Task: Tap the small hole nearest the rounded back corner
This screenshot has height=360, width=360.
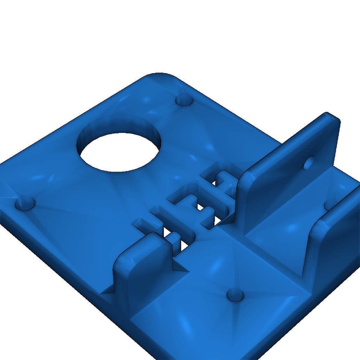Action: click(x=184, y=100)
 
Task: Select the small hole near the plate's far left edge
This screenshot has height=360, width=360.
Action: click(x=25, y=203)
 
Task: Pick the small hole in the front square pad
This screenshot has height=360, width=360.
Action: click(x=235, y=295)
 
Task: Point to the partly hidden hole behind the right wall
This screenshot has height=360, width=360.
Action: click(x=330, y=204)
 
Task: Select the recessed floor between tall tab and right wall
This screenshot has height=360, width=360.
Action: click(x=281, y=229)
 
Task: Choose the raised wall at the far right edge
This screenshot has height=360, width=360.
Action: click(x=337, y=239)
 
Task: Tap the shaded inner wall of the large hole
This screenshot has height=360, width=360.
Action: click(x=120, y=125)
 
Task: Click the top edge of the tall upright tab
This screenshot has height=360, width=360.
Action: click(x=288, y=141)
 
